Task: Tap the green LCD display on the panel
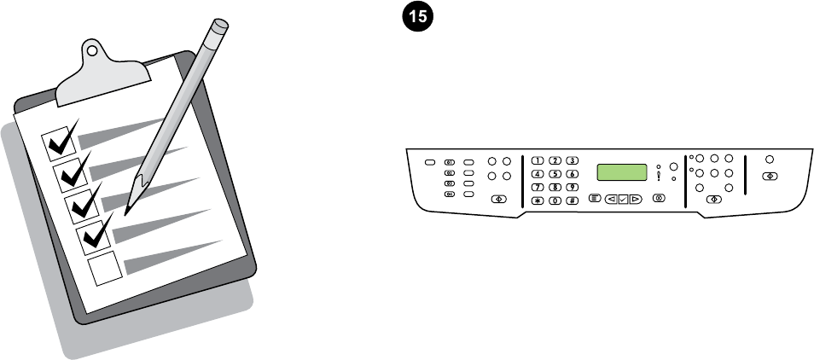point(622,172)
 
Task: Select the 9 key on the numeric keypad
point(573,187)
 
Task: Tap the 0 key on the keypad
point(555,200)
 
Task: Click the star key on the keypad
point(538,200)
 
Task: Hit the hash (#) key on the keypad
point(573,200)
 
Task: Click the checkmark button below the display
point(623,200)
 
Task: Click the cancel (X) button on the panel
point(658,200)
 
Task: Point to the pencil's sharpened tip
point(128,209)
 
